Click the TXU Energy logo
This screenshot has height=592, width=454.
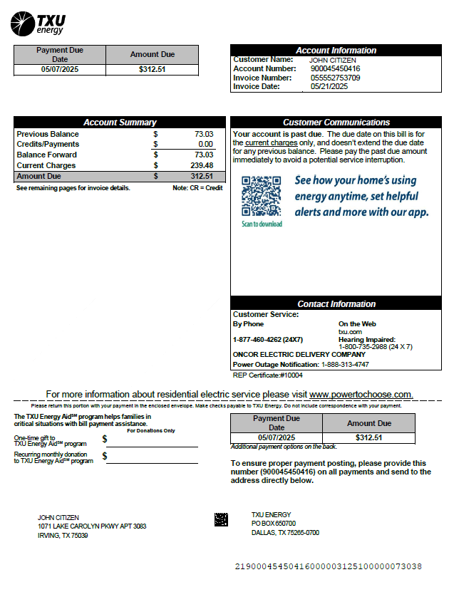[x=38, y=23]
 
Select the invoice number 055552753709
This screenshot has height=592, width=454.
[x=335, y=78]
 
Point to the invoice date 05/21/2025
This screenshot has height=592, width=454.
[x=329, y=86]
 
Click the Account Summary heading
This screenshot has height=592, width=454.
[x=119, y=123]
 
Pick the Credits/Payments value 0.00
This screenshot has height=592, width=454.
[x=205, y=144]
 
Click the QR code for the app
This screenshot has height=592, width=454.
[x=261, y=196]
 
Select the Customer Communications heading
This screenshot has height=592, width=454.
[x=336, y=123]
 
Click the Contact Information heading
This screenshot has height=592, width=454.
[x=336, y=304]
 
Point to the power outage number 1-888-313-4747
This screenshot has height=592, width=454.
[x=345, y=365]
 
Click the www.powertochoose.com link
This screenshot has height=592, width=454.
[x=361, y=394]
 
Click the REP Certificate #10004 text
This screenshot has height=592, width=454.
[x=268, y=375]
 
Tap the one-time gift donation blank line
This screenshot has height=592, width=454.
[x=152, y=443]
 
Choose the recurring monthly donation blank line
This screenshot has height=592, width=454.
[x=152, y=460]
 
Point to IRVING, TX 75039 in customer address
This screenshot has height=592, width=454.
[x=63, y=536]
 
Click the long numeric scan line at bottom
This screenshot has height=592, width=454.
[x=328, y=566]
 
